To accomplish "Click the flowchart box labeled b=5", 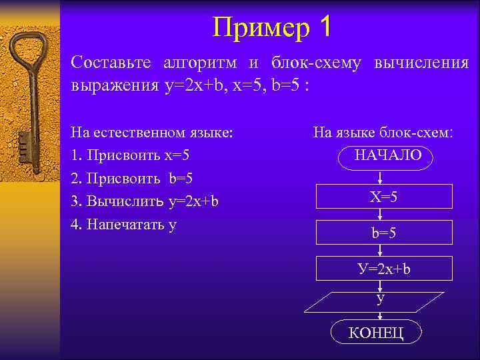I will point(385,233).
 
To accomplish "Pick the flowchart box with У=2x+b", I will point(383,269).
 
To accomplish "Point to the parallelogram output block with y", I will point(380,301).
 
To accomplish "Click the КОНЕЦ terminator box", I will point(376,333).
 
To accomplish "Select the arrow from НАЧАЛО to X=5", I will point(379,176).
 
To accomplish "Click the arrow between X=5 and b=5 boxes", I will point(379,214).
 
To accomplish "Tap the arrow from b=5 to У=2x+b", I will point(379,251).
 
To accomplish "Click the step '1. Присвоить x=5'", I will point(131,155).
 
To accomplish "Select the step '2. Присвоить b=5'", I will point(132,178).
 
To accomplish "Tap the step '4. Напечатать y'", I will point(124,225).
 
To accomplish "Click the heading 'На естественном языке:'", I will point(153,132).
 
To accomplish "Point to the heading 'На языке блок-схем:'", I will point(383,133).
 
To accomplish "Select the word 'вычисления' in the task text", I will point(422,63).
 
